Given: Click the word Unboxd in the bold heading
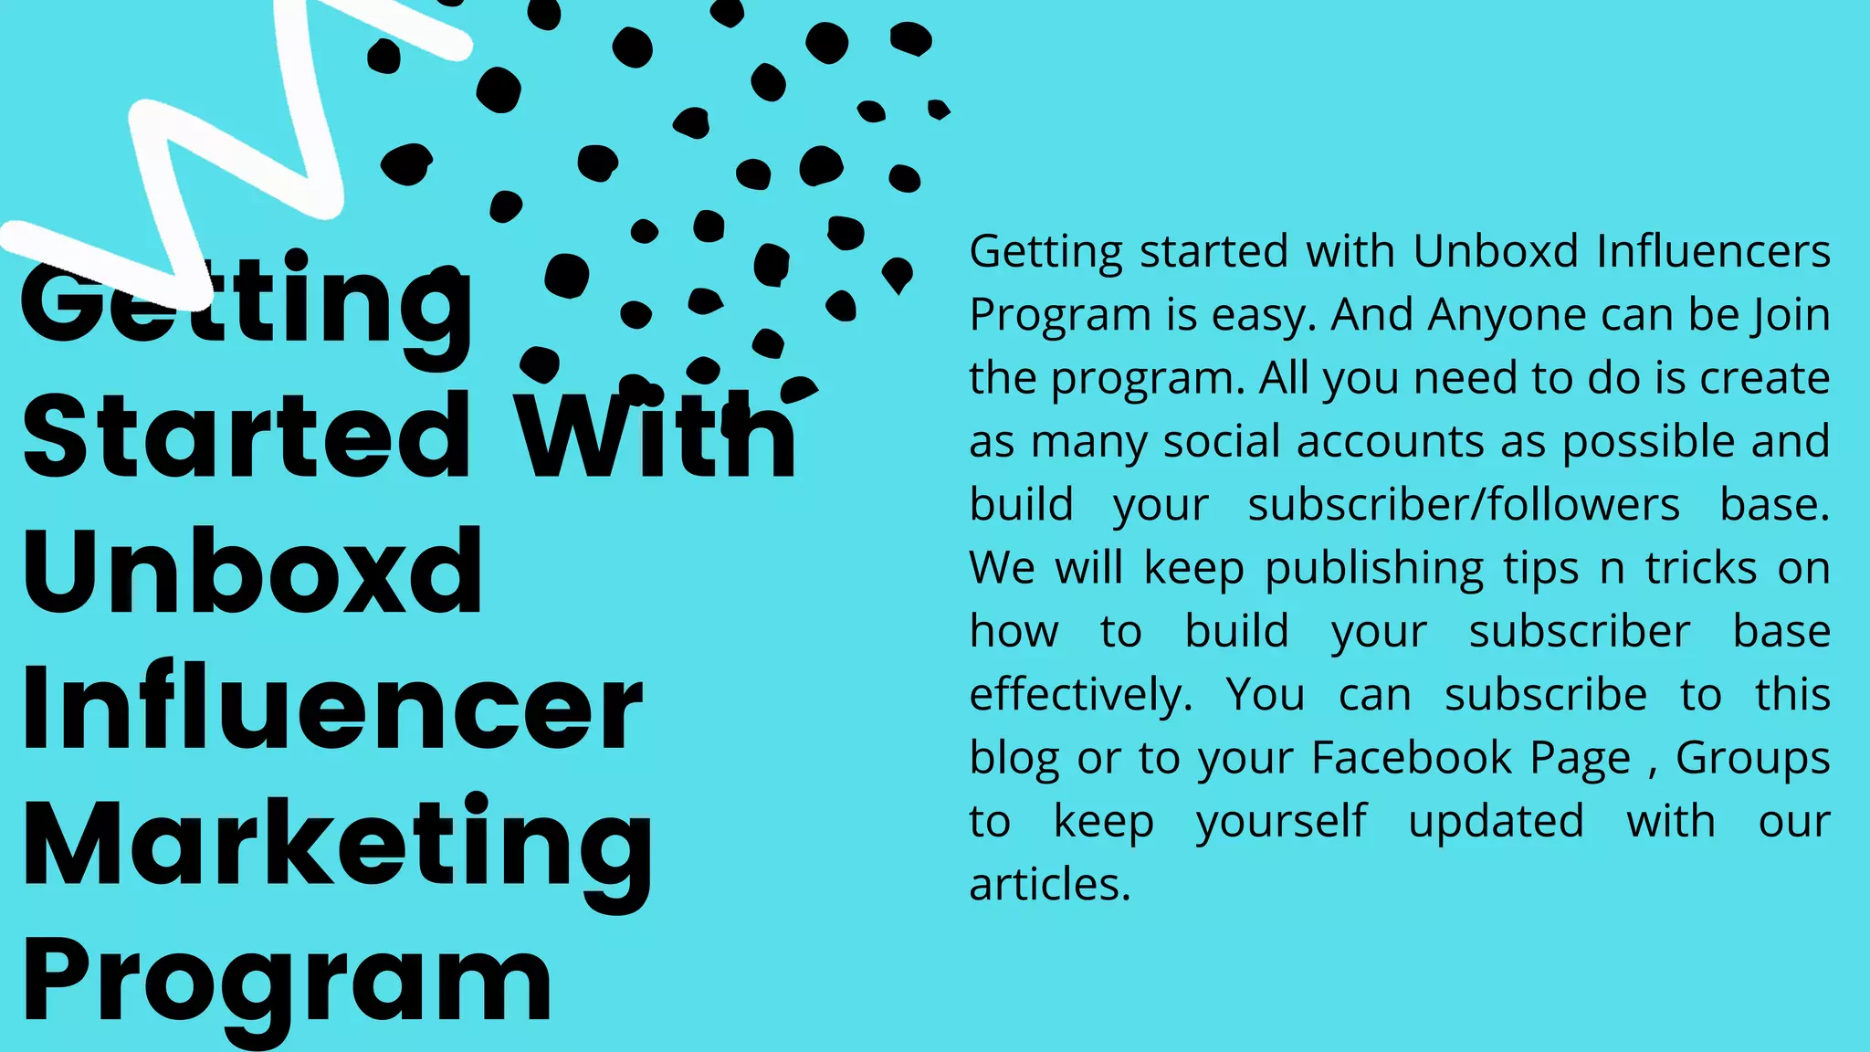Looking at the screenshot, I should [252, 573].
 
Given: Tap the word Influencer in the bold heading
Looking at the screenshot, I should [332, 708].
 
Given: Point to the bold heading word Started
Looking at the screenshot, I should [247, 437].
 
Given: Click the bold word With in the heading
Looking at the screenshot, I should [656, 437].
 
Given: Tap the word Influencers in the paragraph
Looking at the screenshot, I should [1713, 251].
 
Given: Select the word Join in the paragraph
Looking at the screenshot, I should [1791, 315].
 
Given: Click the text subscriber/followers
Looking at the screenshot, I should [1463, 505].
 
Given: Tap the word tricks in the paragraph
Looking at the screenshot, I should [1700, 568].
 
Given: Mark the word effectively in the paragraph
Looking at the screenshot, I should [1080, 695].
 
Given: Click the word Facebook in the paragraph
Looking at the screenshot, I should [1412, 758].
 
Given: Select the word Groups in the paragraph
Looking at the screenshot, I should [1752, 758].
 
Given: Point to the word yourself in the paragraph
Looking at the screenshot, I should [1281, 822].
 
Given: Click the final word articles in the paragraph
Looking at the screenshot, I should [1049, 885].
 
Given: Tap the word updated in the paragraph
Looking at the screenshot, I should [1496, 822].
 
